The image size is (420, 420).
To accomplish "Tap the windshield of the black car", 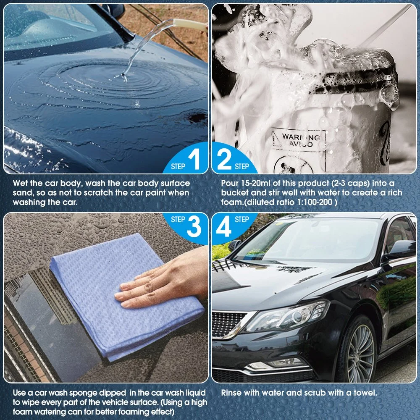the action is [x=308, y=240].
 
